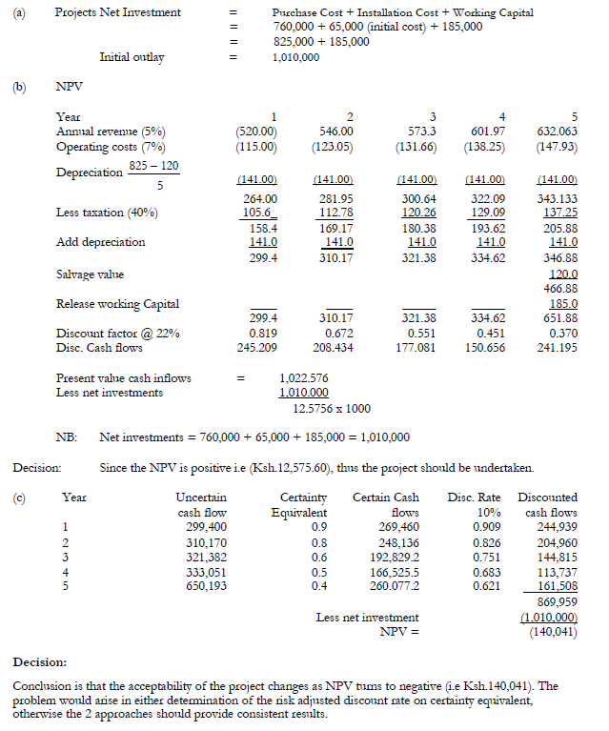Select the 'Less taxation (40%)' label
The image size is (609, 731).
(x=108, y=212)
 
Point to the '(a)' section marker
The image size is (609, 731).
(x=20, y=12)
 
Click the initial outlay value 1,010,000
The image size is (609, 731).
(x=296, y=57)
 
